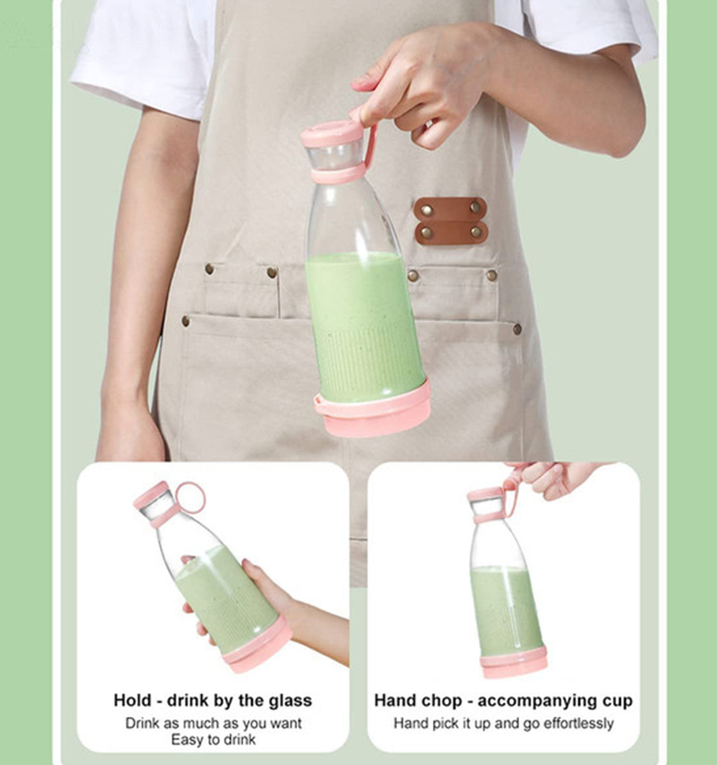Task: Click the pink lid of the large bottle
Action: pyautogui.click(x=332, y=133)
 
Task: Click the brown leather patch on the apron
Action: pyautogui.click(x=450, y=221)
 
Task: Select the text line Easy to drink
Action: pyautogui.click(x=213, y=740)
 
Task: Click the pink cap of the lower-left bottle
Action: pyautogui.click(x=151, y=495)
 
